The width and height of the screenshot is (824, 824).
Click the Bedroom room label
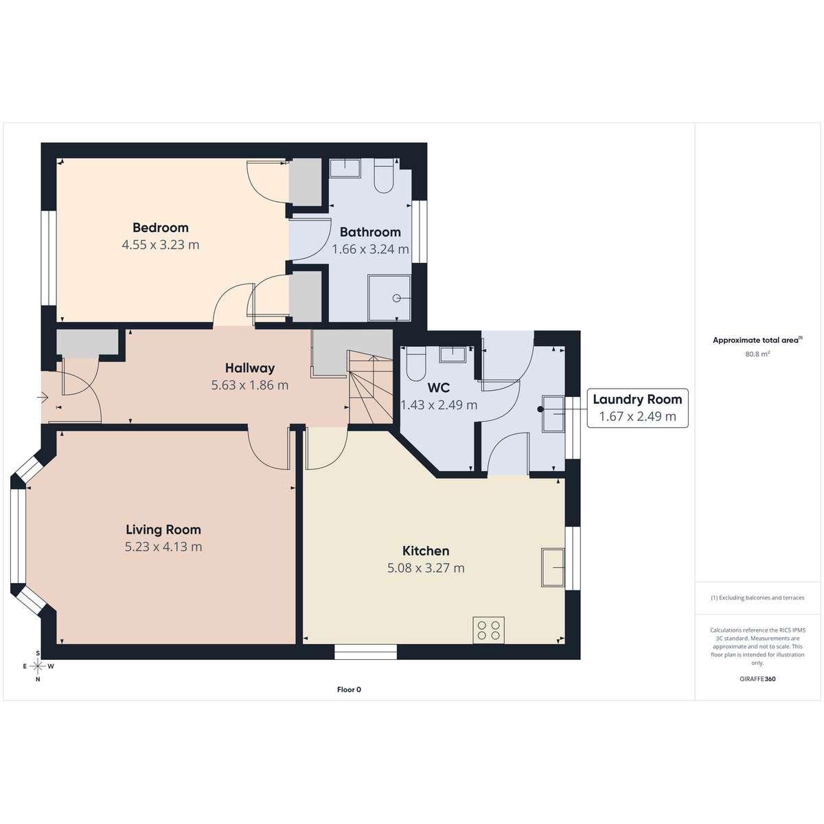(161, 227)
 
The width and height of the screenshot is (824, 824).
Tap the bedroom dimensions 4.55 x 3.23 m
(161, 245)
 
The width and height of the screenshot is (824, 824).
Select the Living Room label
(163, 529)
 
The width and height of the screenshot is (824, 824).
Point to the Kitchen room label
(426, 551)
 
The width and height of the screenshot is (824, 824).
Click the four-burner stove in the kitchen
(488, 630)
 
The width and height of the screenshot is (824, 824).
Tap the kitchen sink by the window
(553, 567)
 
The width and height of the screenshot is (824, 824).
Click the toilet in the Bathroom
(384, 176)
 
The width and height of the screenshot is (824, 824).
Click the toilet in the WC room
(415, 363)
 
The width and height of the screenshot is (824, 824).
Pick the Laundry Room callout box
(637, 408)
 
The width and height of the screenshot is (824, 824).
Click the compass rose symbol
(38, 666)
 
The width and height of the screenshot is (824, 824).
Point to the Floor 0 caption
(349, 689)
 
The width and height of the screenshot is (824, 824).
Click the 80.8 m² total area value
(757, 354)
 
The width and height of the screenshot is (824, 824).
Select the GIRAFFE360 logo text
(757, 678)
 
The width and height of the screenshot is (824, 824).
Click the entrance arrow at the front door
(43, 398)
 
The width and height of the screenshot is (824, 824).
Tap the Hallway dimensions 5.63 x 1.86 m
(250, 385)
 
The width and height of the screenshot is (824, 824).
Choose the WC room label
(439, 388)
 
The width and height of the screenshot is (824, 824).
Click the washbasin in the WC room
(453, 354)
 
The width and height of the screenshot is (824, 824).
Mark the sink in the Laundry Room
(553, 413)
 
